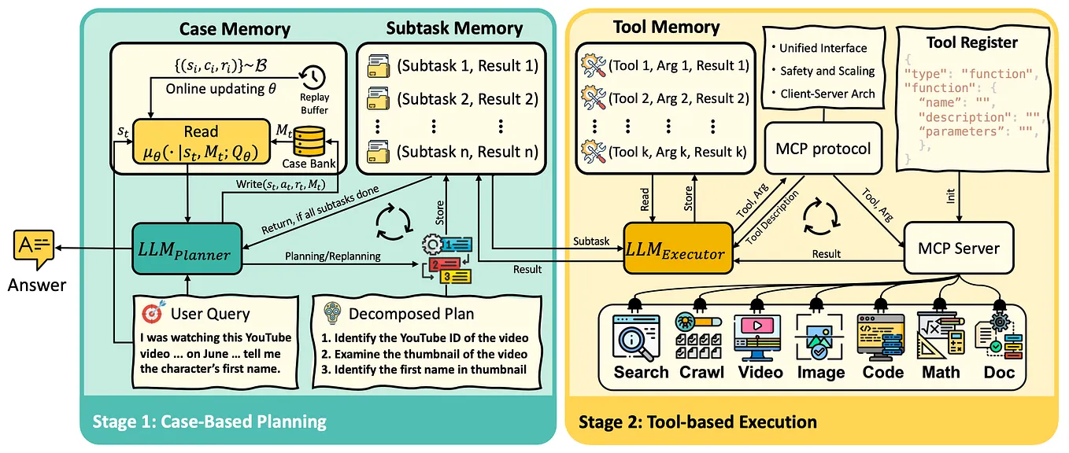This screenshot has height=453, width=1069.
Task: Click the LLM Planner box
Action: click(x=187, y=249)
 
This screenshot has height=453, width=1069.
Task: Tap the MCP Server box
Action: click(x=958, y=249)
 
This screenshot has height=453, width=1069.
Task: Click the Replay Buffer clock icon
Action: click(x=313, y=78)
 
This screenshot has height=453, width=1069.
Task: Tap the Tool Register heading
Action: click(x=971, y=42)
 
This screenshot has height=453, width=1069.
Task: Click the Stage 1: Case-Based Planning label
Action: click(x=209, y=422)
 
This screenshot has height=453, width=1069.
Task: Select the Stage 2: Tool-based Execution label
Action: click(x=697, y=422)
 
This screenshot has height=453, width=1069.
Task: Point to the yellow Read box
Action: click(x=201, y=142)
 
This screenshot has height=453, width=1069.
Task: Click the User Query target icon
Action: click(x=151, y=314)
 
